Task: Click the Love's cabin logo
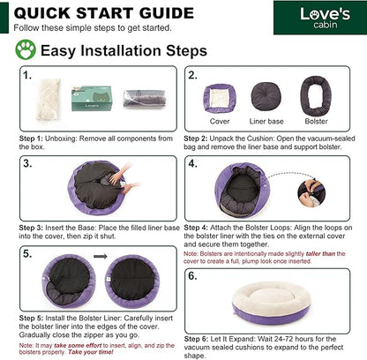point(325,18)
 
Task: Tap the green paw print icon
point(26,49)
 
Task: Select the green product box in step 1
point(92,98)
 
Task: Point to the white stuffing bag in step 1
point(48,99)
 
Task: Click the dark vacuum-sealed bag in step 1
point(144,99)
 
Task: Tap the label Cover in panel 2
point(220,121)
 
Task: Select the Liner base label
point(266,121)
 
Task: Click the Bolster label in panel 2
point(316,121)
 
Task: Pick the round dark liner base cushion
point(266,97)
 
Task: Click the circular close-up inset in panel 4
point(311,193)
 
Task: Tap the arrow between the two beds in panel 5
point(101,257)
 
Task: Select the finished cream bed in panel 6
point(271,303)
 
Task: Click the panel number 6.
point(192,276)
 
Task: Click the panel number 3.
point(27,163)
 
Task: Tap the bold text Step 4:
point(196,228)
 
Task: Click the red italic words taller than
point(320,253)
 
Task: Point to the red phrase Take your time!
point(91,352)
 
